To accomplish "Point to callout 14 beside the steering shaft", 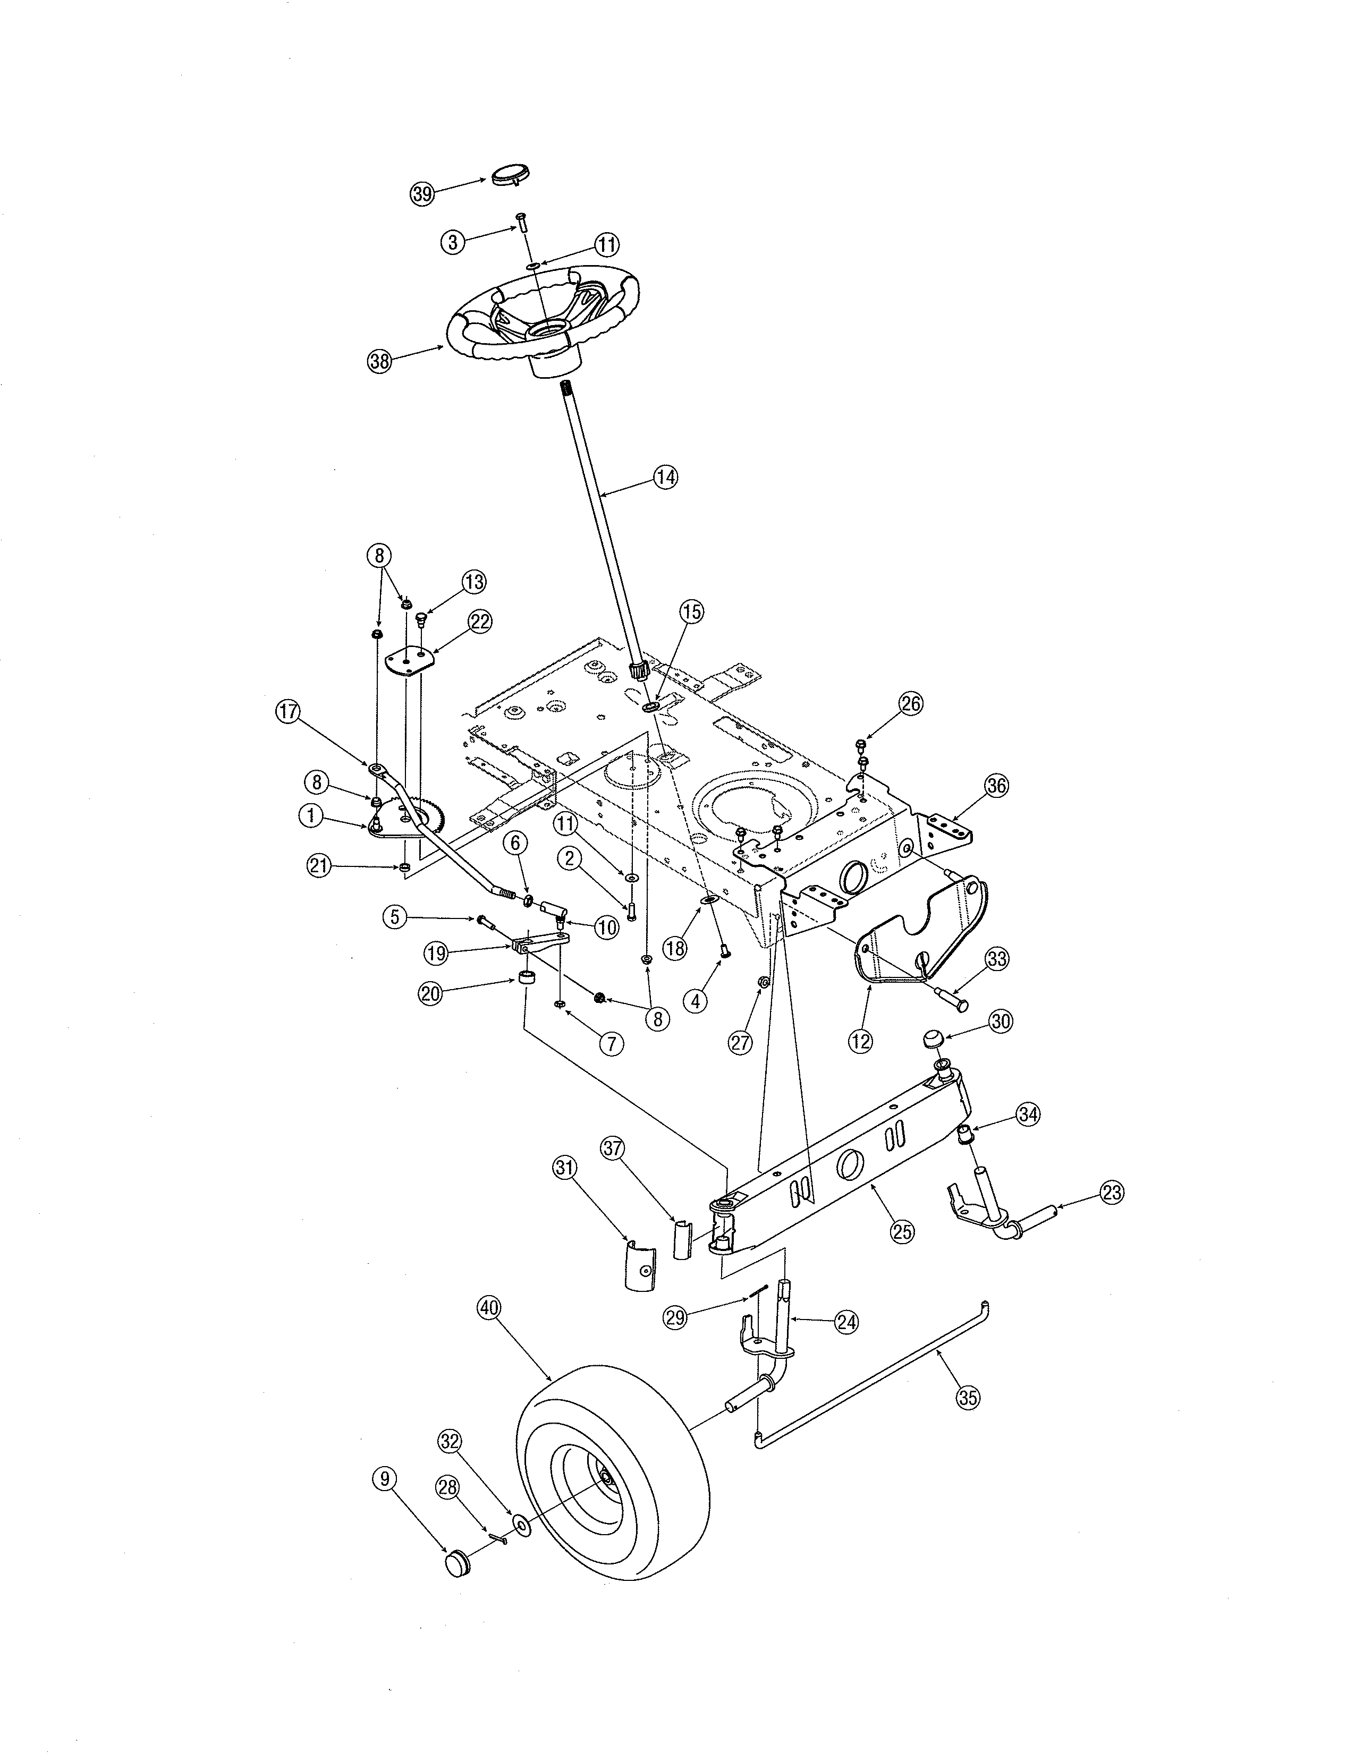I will [x=665, y=477].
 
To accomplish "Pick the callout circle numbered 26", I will [x=910, y=704].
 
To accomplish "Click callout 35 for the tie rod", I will [x=969, y=1398].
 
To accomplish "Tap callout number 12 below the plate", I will [x=860, y=1042].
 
